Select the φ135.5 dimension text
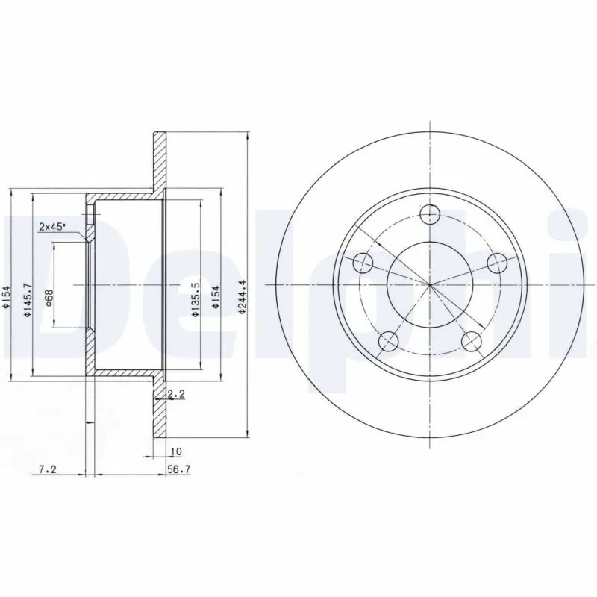pyautogui.click(x=195, y=299)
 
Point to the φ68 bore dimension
pyautogui.click(x=49, y=299)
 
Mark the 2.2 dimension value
pyautogui.click(x=176, y=393)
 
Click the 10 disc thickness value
pyautogui.click(x=176, y=452)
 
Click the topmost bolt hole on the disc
pyautogui.click(x=429, y=215)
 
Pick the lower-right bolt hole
pyautogui.click(x=471, y=342)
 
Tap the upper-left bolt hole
pyautogui.click(x=362, y=262)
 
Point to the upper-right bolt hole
pyautogui.click(x=496, y=262)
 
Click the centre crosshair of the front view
pyautogui.click(x=429, y=285)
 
